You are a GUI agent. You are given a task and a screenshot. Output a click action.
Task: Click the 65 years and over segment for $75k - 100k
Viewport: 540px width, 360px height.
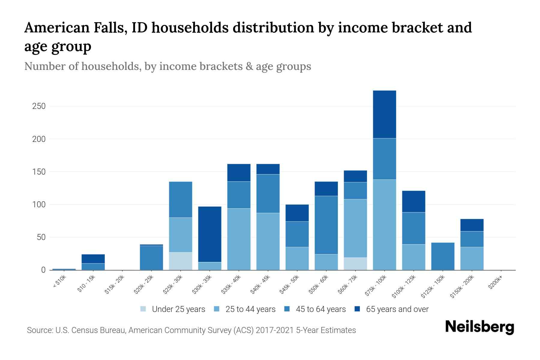384,114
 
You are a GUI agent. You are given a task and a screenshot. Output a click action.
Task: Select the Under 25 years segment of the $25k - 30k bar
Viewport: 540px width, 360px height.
181,261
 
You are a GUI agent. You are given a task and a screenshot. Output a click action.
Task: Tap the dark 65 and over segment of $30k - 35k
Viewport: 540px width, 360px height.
210,234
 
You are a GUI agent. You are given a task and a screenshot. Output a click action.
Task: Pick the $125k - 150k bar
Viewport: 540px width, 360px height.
443,256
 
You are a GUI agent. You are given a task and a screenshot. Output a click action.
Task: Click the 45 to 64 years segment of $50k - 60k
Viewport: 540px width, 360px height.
326,225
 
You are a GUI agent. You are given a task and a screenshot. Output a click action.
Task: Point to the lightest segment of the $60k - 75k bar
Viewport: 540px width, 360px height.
355,264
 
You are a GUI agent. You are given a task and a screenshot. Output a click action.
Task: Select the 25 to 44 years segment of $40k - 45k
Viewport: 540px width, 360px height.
268,241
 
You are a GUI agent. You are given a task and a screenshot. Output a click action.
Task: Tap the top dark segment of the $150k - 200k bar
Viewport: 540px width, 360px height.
472,225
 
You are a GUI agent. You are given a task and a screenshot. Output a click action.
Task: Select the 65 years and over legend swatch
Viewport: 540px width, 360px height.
357,309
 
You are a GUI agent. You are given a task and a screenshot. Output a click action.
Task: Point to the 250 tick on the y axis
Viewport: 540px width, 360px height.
39,106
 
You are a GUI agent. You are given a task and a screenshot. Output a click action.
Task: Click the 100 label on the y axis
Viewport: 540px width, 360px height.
39,205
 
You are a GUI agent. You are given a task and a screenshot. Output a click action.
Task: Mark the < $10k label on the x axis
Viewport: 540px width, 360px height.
59,282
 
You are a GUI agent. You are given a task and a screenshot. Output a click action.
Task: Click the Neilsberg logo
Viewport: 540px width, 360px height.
479,327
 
